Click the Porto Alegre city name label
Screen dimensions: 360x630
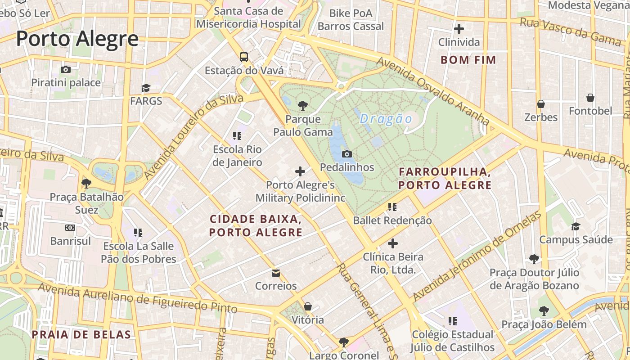tap(77, 39)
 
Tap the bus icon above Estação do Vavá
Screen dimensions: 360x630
tap(243, 57)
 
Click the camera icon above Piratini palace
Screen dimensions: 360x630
tap(66, 69)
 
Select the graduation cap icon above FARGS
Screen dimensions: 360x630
tap(146, 87)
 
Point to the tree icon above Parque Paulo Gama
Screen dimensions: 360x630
tap(303, 106)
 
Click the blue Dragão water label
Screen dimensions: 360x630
tap(386, 119)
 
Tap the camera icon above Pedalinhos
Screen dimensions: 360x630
tap(346, 154)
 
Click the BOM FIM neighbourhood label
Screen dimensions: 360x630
tap(468, 60)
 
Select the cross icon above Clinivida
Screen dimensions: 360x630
tap(459, 29)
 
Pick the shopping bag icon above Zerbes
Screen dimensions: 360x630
tap(541, 104)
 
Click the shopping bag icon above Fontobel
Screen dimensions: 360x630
tap(590, 97)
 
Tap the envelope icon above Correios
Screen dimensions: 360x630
tap(276, 273)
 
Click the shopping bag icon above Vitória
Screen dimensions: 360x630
tap(308, 306)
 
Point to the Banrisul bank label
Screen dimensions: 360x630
tap(71, 241)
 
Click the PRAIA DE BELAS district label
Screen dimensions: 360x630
tap(81, 334)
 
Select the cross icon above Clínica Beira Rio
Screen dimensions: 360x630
tap(393, 243)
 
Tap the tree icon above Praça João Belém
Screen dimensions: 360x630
tap(544, 310)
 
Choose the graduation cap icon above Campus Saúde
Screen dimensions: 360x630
tap(576, 226)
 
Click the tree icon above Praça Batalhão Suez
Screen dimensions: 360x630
tap(86, 183)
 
